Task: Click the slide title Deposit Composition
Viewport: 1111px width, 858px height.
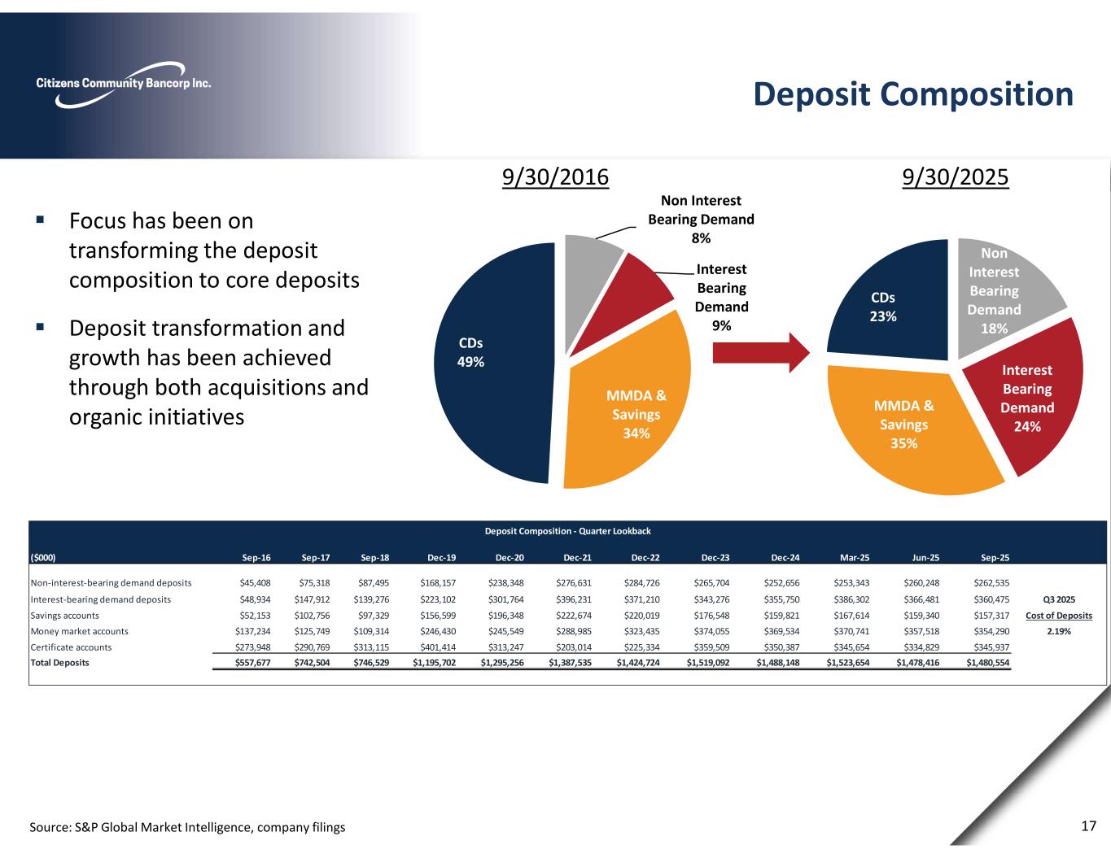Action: (913, 94)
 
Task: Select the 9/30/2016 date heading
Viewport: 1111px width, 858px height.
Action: (555, 177)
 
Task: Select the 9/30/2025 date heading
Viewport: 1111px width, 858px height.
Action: (956, 177)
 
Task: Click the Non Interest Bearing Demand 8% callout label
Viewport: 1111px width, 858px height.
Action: (700, 219)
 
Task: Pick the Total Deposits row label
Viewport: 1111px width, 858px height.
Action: (59, 663)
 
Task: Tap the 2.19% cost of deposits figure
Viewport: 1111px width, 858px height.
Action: (1058, 631)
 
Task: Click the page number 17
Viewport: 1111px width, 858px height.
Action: (1088, 826)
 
